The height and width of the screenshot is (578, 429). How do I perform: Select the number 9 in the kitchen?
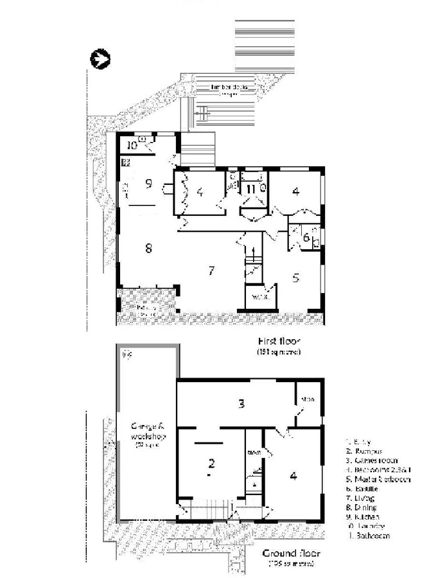[148, 184]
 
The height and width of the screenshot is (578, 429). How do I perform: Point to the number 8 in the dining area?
[148, 249]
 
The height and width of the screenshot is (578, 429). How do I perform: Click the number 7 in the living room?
[211, 270]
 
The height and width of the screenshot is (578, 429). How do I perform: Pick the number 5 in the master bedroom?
[296, 278]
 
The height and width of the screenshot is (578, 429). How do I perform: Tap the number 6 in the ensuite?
[306, 237]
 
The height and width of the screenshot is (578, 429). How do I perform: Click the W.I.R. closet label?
[259, 297]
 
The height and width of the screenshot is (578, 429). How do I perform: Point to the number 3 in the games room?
[241, 404]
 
